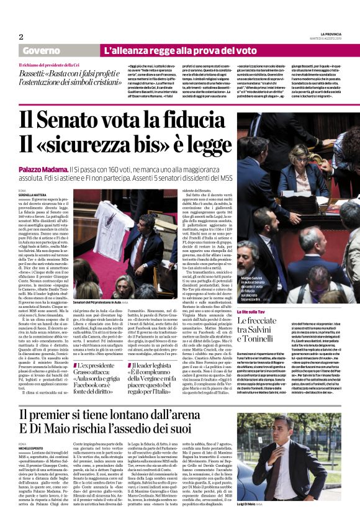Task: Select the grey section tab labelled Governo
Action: tap(38, 50)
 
